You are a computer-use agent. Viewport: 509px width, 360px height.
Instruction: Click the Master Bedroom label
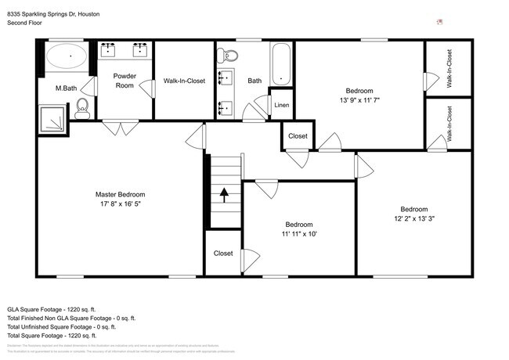tap(120, 194)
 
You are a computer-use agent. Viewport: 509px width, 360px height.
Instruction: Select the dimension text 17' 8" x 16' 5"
tap(120, 203)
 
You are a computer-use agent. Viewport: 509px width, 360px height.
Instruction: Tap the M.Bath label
tap(65, 88)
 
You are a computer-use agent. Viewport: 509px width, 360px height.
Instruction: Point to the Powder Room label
tap(125, 80)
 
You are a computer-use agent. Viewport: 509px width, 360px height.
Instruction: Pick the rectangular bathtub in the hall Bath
tap(281, 64)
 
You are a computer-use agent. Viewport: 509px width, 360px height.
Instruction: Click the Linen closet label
tap(281, 105)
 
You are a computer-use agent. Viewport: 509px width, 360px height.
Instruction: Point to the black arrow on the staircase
tap(225, 195)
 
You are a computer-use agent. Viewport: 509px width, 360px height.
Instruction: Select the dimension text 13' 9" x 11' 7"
tap(359, 100)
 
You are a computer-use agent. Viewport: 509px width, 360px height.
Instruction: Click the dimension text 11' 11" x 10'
tap(299, 232)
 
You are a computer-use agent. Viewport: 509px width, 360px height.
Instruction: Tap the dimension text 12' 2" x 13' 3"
tap(413, 218)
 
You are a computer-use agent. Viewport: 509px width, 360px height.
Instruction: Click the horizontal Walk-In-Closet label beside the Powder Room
tap(184, 81)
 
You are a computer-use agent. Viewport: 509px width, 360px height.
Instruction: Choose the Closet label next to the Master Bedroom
tap(223, 253)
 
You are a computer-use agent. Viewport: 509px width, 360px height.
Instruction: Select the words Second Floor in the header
tap(24, 23)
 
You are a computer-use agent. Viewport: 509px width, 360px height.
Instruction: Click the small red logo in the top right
tap(439, 22)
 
